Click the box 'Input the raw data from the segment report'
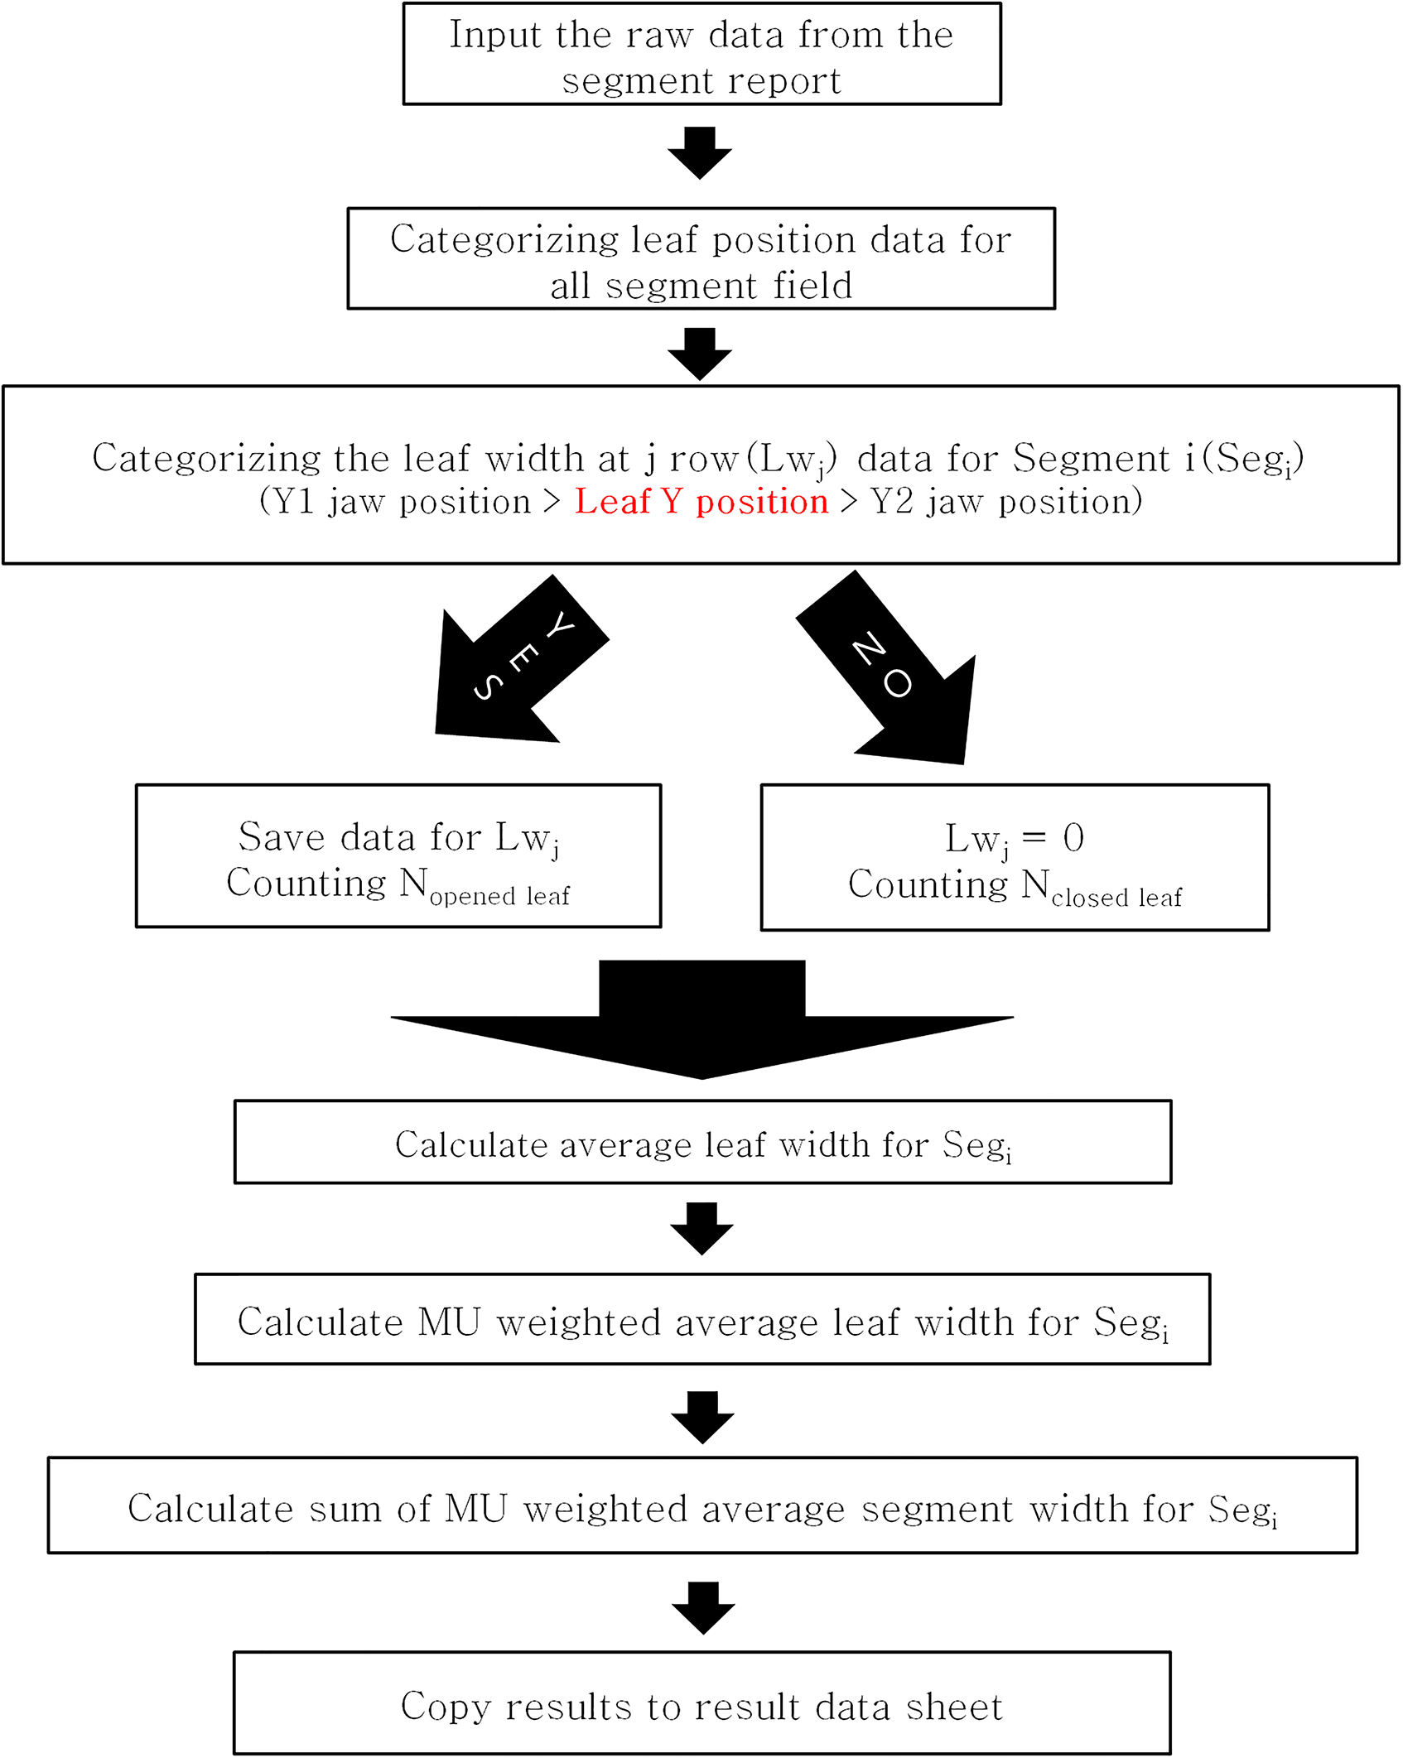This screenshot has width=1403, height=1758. pos(701,54)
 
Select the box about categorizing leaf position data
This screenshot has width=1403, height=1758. pos(701,258)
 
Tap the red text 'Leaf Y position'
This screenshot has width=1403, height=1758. pos(701,502)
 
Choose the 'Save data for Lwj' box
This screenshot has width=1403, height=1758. pos(398,855)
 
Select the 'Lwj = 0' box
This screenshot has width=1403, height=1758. pos(1015,857)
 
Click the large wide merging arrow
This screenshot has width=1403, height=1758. pos(701,1019)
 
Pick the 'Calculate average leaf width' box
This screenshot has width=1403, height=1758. pos(702,1142)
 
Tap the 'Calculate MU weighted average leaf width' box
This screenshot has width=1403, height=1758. pos(702,1319)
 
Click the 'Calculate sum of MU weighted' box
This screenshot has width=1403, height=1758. pos(702,1505)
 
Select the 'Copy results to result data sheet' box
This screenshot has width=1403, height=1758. pos(702,1703)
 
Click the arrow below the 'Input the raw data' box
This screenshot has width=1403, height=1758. pos(700,153)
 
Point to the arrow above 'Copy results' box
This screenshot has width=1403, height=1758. pos(703,1608)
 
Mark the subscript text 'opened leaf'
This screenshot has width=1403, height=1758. pos(499,896)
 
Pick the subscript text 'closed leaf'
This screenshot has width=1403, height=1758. pos(1116,898)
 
